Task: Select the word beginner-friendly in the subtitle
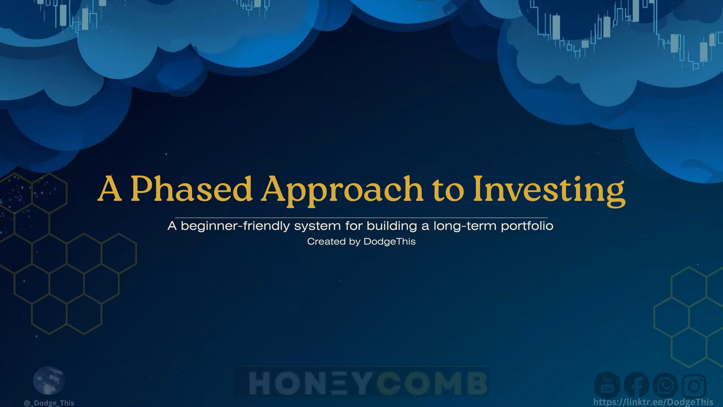pyautogui.click(x=235, y=226)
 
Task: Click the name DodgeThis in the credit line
pyautogui.click(x=389, y=242)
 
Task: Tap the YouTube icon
pyautogui.click(x=607, y=386)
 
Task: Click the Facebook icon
pyautogui.click(x=636, y=386)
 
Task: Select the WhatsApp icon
pyautogui.click(x=665, y=386)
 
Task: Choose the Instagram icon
pyautogui.click(x=694, y=386)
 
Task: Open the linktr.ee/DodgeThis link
pyautogui.click(x=653, y=402)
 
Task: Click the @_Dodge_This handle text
pyautogui.click(x=49, y=403)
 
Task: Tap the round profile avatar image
pyautogui.click(x=49, y=380)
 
